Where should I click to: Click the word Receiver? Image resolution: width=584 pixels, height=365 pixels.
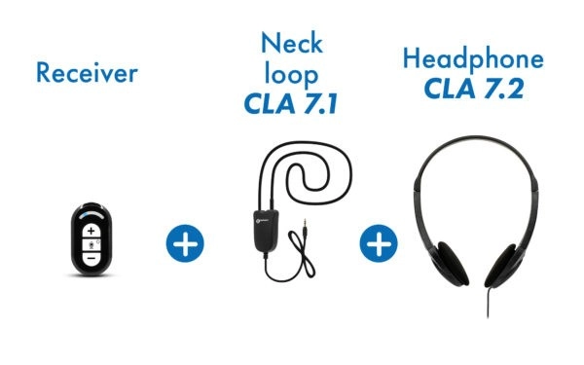tap(88, 73)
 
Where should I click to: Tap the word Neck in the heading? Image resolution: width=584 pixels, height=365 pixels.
tap(292, 43)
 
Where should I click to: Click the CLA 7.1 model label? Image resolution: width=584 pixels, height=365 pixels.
tap(291, 104)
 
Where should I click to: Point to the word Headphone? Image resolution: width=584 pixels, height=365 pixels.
tap(473, 59)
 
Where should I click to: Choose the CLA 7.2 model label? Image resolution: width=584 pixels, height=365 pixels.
tap(474, 89)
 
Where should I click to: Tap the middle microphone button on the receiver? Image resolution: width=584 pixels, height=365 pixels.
tap(91, 244)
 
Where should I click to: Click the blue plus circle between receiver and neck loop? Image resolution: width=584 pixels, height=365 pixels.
tap(185, 243)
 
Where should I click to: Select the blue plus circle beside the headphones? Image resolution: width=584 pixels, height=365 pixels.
tap(379, 243)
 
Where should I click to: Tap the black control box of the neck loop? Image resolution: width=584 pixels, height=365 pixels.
tap(266, 231)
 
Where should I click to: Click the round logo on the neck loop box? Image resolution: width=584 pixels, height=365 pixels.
tap(260, 221)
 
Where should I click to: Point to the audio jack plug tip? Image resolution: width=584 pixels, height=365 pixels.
tap(305, 221)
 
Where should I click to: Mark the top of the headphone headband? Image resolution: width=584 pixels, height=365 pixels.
tap(476, 138)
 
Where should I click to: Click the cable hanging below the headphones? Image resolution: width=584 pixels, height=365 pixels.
tap(488, 303)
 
